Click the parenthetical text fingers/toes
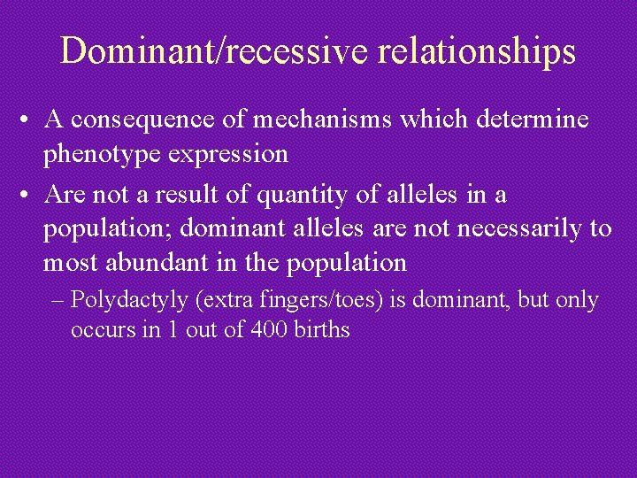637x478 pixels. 321,301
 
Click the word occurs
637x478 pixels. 97,331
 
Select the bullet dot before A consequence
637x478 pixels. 30,120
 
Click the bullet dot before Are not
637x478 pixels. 30,195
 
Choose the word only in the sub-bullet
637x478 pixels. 577,301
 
